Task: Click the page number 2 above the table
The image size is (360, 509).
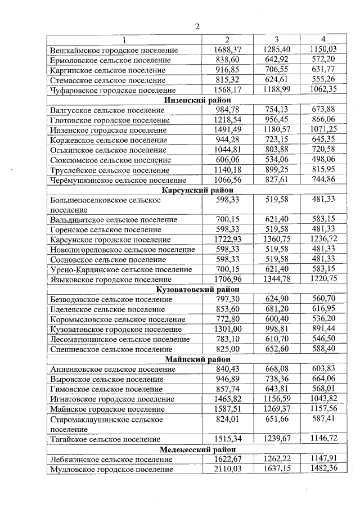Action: coord(197,26)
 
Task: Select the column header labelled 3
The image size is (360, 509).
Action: coord(276,39)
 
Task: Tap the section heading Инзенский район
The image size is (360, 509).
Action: coord(193,100)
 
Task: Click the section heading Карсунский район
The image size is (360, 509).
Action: coord(193,191)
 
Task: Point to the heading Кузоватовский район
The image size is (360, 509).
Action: coord(193,290)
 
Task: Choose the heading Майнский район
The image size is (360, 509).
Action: coord(193,359)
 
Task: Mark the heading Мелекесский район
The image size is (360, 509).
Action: coord(193,449)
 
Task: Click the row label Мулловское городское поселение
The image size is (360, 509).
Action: coord(111,469)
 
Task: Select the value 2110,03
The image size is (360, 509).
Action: coord(228,469)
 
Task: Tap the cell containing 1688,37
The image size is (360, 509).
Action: coord(228,50)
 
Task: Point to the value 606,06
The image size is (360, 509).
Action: coord(228,160)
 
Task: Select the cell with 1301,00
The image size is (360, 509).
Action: coord(228,329)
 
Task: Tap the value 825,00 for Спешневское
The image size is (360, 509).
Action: coord(228,349)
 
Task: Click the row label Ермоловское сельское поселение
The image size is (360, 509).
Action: coord(110,60)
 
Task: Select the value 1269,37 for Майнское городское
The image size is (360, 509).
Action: coord(276,408)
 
